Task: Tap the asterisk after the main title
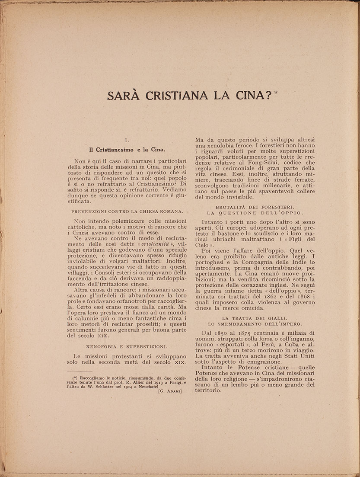point(276,91)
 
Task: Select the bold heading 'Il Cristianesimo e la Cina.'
point(127,150)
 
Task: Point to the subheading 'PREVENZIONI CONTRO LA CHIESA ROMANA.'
point(127,211)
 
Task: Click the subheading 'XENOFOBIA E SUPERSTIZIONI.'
point(127,346)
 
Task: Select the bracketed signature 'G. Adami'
point(170,392)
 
